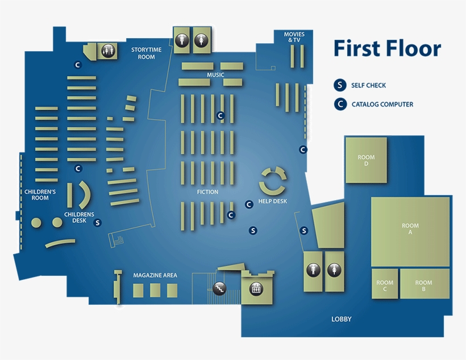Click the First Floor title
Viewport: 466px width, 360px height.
coord(386,49)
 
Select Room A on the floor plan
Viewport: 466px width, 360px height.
coord(410,229)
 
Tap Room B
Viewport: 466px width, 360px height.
coord(423,285)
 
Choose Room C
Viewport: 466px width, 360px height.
coord(385,285)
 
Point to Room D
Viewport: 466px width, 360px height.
coord(366,160)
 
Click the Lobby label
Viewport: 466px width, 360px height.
coord(342,319)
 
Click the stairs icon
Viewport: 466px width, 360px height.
coord(219,288)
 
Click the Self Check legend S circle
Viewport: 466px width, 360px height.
coord(339,85)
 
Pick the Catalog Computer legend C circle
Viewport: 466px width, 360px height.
coord(339,104)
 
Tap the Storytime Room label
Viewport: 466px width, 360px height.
coord(146,53)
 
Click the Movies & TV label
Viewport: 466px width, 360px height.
coord(294,37)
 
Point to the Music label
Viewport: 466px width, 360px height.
coord(215,75)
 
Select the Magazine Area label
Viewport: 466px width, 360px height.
coord(155,275)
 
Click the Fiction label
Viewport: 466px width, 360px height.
coord(207,192)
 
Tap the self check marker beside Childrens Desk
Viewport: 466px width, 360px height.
coord(97,223)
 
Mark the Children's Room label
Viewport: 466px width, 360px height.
coord(40,195)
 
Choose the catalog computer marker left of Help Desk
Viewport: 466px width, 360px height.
coord(248,204)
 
